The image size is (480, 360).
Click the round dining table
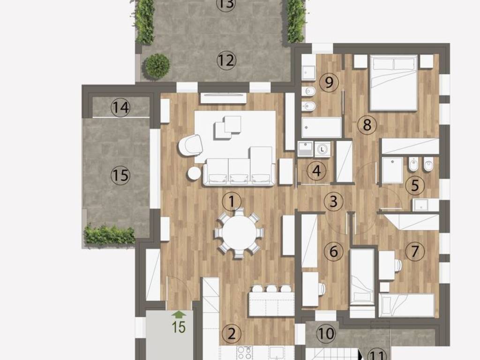tap(239, 232)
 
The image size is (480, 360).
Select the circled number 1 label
tap(232, 202)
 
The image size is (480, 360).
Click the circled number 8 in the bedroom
tap(367, 125)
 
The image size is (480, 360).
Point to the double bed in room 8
tap(393, 82)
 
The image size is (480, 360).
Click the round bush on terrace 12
tap(157, 66)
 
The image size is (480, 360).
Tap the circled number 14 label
tap(120, 107)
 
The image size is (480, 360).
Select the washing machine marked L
tap(322, 150)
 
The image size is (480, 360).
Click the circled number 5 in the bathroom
tap(415, 185)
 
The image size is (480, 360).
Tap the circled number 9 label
tap(329, 82)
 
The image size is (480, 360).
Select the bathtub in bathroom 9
tap(322, 127)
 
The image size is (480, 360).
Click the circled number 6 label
tap(333, 251)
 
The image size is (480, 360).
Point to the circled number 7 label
tap(415, 251)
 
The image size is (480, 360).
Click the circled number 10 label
tap(326, 333)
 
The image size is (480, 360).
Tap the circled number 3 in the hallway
tap(333, 201)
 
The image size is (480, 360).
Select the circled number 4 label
tap(316, 171)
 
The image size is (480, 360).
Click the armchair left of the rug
tap(190, 145)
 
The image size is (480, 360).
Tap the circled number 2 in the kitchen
tap(232, 334)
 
